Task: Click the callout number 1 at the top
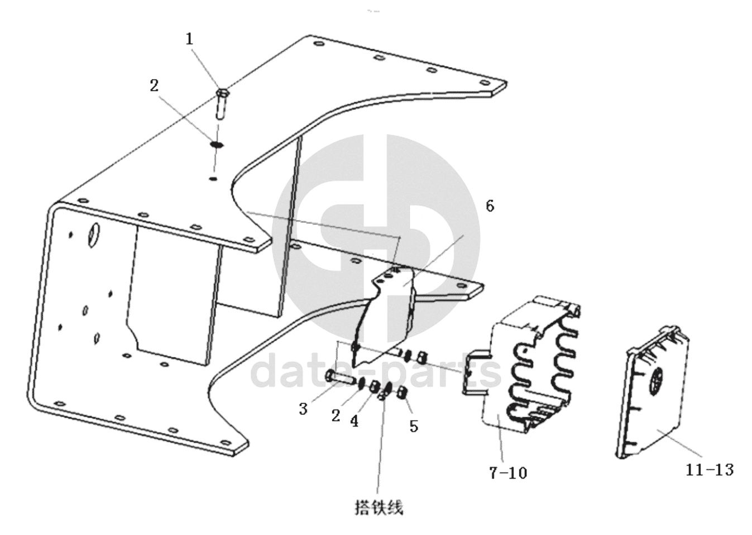(189, 39)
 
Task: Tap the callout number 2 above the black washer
(154, 86)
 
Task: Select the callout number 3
(303, 409)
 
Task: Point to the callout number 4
(354, 421)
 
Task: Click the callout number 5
(414, 427)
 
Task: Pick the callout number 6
(490, 206)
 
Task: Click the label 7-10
(508, 473)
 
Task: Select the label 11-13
(710, 470)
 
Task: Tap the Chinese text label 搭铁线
(379, 508)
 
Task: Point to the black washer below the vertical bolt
(217, 145)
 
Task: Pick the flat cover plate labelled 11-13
(652, 391)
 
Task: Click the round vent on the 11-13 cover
(657, 381)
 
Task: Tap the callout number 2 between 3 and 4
(336, 416)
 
